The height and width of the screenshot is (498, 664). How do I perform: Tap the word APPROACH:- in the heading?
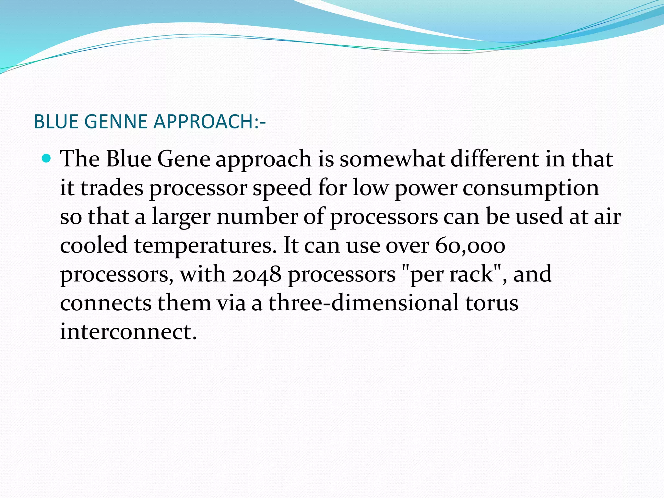coord(209,122)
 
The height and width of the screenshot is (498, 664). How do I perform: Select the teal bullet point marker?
coord(47,159)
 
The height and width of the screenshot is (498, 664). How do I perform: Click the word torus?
coord(492,302)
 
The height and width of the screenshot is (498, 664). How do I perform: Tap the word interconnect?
coord(128,331)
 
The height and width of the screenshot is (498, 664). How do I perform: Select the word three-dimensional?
coord(363,302)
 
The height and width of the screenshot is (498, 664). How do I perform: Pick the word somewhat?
coord(392,159)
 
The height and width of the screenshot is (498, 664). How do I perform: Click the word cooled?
coord(94,245)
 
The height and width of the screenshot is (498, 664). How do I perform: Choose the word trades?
coord(112,188)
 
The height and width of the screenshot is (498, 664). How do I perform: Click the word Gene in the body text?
coord(184,159)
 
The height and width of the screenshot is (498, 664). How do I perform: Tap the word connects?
coord(106,302)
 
